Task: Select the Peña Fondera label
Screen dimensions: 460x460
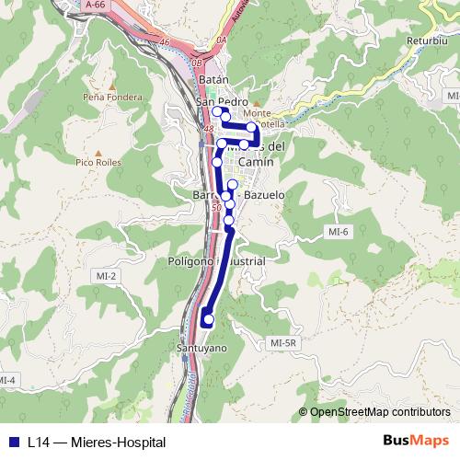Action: tap(112, 97)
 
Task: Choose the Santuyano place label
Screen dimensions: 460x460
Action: tap(201, 349)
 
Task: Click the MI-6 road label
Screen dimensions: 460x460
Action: tap(339, 232)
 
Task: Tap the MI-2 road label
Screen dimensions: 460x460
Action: tap(105, 276)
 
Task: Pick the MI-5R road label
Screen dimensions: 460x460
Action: tap(284, 343)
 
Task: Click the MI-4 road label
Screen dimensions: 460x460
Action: tap(7, 380)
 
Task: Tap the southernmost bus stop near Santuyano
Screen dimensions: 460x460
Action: tap(208, 320)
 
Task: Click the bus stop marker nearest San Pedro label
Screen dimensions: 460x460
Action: tap(218, 112)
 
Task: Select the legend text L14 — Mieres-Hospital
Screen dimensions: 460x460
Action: tap(89, 442)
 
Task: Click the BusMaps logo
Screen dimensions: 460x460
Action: tap(415, 441)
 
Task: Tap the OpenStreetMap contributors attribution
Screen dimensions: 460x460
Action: tap(379, 412)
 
